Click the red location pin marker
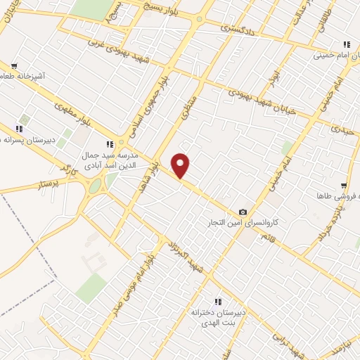181,165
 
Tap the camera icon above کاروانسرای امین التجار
243,212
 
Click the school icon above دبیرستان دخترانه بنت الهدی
218,300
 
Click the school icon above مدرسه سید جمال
110,143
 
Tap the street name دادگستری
235,28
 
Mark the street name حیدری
344,129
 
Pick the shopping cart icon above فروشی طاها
342,186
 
